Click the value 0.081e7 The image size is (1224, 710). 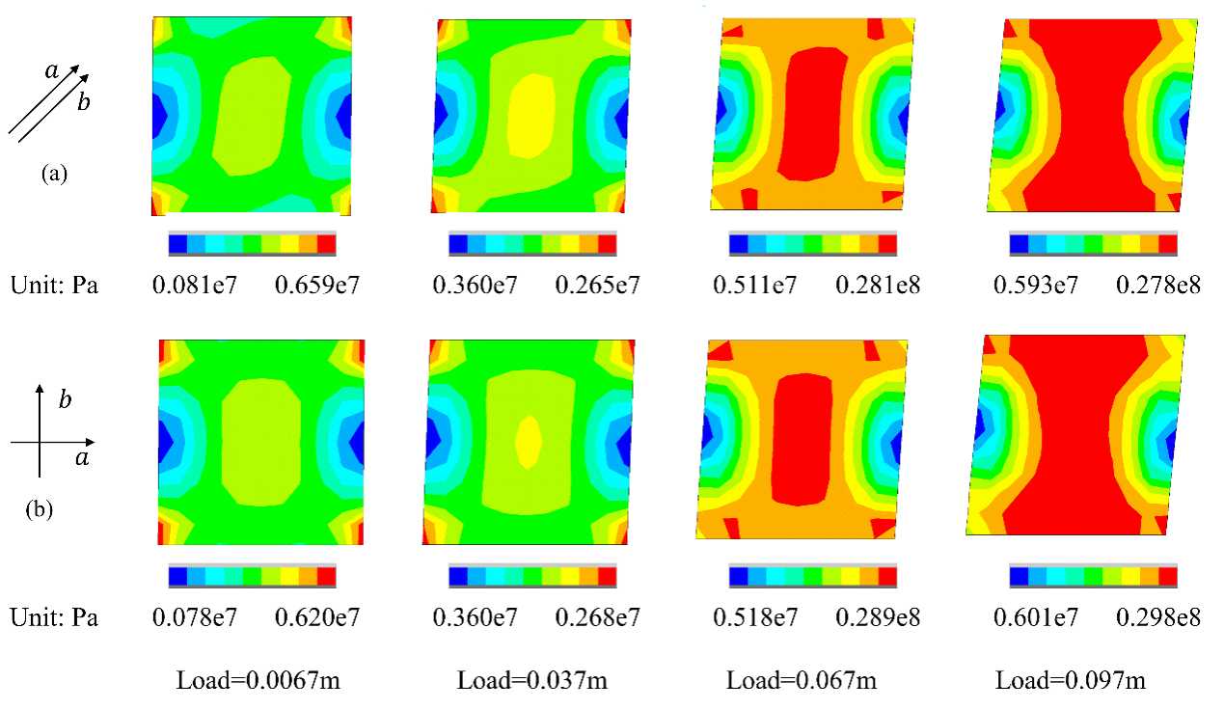[195, 286]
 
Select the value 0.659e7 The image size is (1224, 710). [317, 286]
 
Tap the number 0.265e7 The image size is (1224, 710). [597, 286]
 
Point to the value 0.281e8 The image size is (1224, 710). [878, 286]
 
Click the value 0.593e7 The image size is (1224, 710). [1036, 286]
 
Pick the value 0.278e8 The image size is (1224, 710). [1157, 286]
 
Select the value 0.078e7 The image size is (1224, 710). [195, 617]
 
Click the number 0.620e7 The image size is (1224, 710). [317, 617]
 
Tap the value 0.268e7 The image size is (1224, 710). [597, 617]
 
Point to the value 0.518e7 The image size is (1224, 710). [755, 617]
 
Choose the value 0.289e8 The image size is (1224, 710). [878, 617]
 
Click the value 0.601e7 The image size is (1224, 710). [1036, 617]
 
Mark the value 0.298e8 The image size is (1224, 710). [1157, 617]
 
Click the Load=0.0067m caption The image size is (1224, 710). [258, 681]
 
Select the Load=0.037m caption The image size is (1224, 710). [531, 681]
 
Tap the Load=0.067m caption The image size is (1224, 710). [802, 681]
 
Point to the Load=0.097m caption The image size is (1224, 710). [1071, 681]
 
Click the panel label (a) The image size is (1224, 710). [54, 174]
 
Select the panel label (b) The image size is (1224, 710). [39, 509]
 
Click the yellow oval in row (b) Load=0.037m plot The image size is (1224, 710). [529, 442]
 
